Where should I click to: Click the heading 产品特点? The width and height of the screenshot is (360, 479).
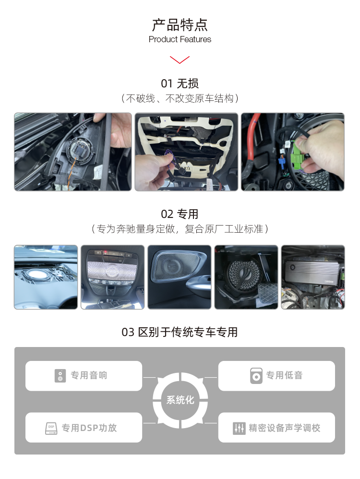(x=180, y=24)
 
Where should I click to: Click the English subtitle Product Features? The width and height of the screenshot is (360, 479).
(x=180, y=39)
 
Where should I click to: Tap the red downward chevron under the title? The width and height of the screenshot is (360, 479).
(x=180, y=60)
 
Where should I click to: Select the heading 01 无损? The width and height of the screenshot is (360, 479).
(x=180, y=84)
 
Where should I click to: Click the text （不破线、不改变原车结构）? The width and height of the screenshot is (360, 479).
(x=180, y=98)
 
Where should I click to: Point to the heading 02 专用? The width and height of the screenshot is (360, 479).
(x=180, y=214)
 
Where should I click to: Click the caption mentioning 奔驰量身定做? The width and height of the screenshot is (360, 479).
(x=180, y=229)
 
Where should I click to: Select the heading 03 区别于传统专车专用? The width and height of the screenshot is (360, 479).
(x=180, y=332)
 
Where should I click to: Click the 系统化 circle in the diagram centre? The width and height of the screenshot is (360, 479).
(x=180, y=400)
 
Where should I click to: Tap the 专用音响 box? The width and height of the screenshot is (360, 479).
(x=84, y=376)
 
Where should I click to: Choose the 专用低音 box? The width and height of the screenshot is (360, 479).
(x=276, y=376)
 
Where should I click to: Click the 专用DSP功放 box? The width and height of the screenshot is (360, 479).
(x=84, y=428)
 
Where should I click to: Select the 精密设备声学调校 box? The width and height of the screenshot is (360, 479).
(x=276, y=428)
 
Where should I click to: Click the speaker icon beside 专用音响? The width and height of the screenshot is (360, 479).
(x=60, y=376)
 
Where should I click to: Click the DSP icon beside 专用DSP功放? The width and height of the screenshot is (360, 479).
(x=51, y=428)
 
